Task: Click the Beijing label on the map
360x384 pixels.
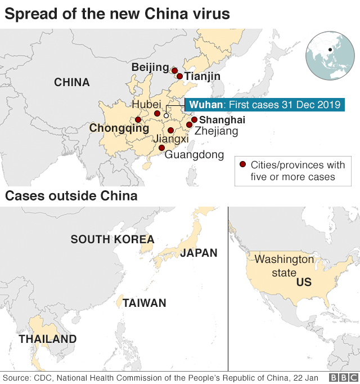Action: (150, 68)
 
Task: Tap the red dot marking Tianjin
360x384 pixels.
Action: (179, 76)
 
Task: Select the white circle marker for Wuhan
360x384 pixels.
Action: (166, 115)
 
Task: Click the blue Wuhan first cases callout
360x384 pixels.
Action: (264, 105)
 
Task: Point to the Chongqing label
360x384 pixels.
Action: (119, 128)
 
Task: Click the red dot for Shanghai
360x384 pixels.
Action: (194, 119)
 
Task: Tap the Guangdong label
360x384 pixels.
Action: (194, 155)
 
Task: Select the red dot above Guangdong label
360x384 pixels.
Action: (161, 148)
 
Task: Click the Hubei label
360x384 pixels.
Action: (146, 104)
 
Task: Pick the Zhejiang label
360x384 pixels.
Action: (216, 131)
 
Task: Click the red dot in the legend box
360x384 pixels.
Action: (242, 165)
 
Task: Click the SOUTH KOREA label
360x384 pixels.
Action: (112, 239)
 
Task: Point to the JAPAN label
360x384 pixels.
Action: (199, 253)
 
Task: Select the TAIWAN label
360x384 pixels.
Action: (145, 303)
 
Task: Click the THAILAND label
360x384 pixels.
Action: (48, 339)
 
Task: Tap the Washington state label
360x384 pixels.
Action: (284, 266)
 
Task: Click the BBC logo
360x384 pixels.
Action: (341, 377)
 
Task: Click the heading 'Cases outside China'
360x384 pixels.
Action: (71, 196)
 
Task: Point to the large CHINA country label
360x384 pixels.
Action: (71, 82)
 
